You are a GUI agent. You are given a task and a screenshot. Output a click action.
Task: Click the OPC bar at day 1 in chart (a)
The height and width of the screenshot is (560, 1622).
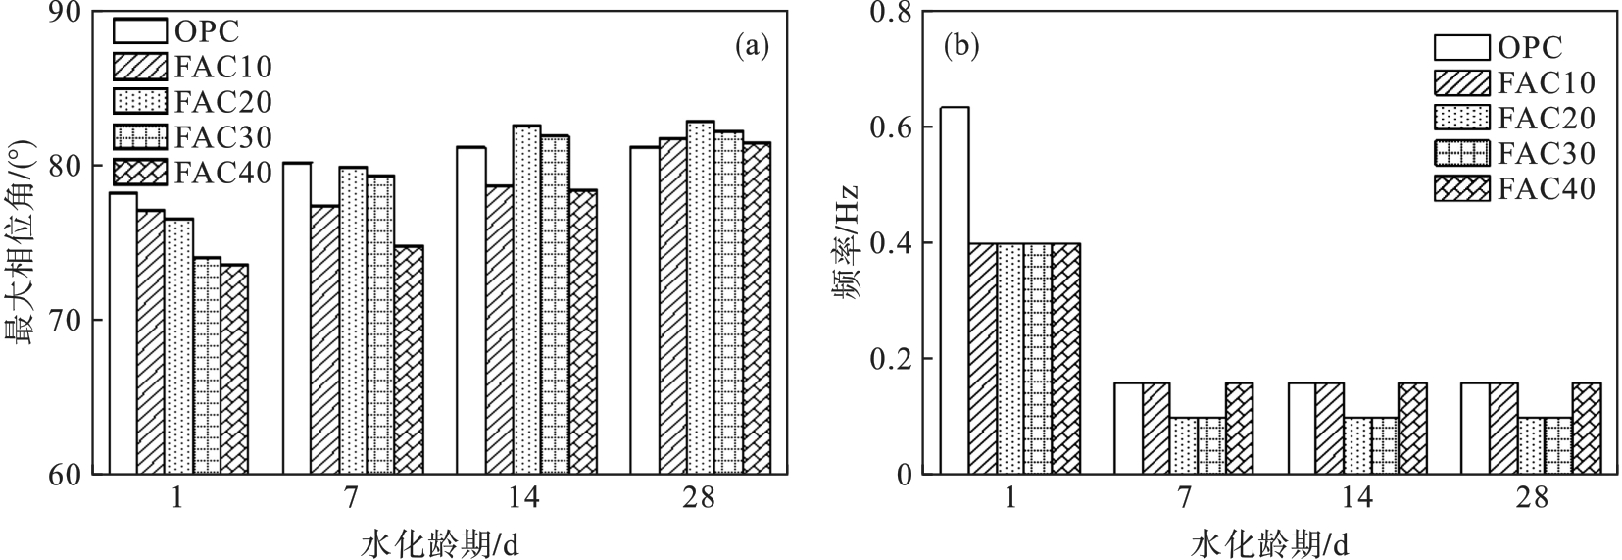click(x=123, y=333)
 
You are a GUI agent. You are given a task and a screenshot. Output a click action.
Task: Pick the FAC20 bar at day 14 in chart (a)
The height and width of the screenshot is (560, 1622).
click(x=526, y=300)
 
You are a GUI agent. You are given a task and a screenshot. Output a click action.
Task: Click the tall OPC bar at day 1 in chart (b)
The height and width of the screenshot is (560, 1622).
click(x=955, y=290)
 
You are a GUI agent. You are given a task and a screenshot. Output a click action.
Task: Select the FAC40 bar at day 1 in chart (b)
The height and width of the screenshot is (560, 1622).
click(x=1065, y=359)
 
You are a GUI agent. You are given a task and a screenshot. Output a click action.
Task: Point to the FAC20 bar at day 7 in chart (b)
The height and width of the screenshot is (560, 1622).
click(x=1183, y=445)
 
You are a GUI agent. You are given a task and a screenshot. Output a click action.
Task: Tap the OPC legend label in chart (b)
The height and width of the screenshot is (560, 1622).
click(x=1530, y=47)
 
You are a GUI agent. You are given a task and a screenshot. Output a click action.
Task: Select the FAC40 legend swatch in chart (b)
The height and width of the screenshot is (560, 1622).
click(x=1461, y=187)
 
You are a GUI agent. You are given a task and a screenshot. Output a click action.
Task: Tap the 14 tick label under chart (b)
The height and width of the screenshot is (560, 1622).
click(x=1357, y=498)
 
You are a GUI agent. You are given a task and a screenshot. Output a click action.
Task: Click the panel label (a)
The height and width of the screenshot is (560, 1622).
click(x=752, y=45)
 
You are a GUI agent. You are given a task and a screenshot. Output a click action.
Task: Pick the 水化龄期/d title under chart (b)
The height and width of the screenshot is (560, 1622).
click(x=1270, y=542)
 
